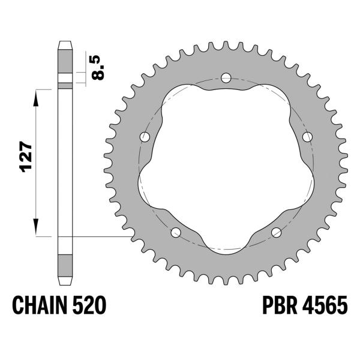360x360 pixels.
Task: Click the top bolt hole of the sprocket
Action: coord(226,77)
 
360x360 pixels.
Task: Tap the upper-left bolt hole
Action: coord(145,137)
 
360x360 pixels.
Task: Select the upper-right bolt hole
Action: coord(307,137)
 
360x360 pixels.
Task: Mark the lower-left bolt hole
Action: coord(176,232)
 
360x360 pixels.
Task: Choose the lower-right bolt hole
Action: coord(276,232)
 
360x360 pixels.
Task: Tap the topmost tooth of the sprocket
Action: coord(226,46)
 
